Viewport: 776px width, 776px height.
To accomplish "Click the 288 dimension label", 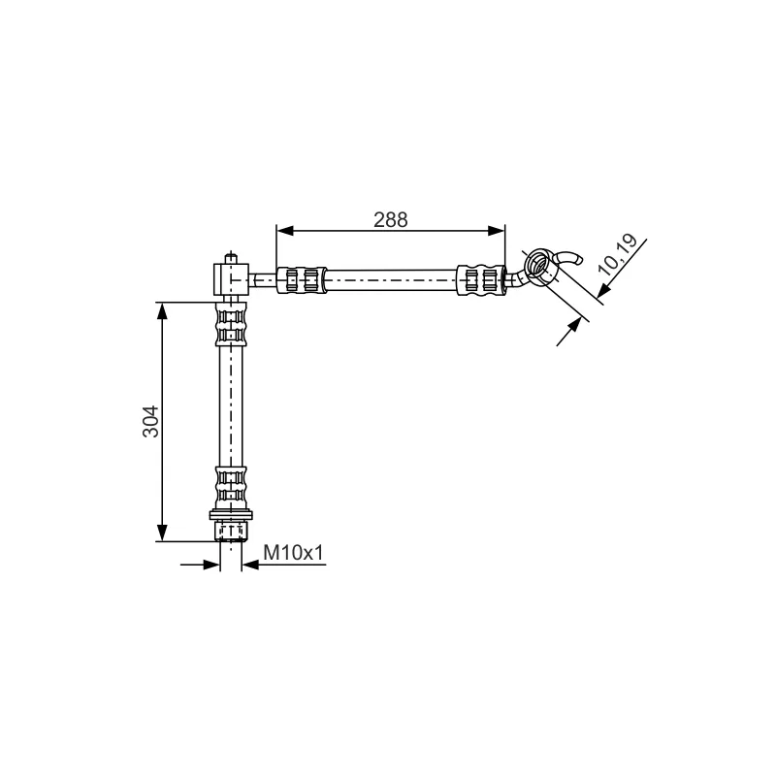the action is (x=391, y=220).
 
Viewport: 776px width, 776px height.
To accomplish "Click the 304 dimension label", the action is (x=151, y=421).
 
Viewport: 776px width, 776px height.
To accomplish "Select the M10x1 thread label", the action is (x=293, y=552).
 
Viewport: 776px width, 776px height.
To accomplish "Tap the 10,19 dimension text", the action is (x=617, y=254).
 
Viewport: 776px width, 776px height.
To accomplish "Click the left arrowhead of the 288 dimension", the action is (x=285, y=231).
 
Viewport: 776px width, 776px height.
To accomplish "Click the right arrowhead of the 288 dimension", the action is (x=497, y=231).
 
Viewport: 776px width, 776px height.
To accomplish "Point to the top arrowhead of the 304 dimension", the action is (x=162, y=310).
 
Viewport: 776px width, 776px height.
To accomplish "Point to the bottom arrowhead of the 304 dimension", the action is (x=162, y=533).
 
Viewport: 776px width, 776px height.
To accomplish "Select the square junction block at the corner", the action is (x=231, y=279).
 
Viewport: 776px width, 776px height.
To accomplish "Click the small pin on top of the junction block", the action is (x=231, y=258).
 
